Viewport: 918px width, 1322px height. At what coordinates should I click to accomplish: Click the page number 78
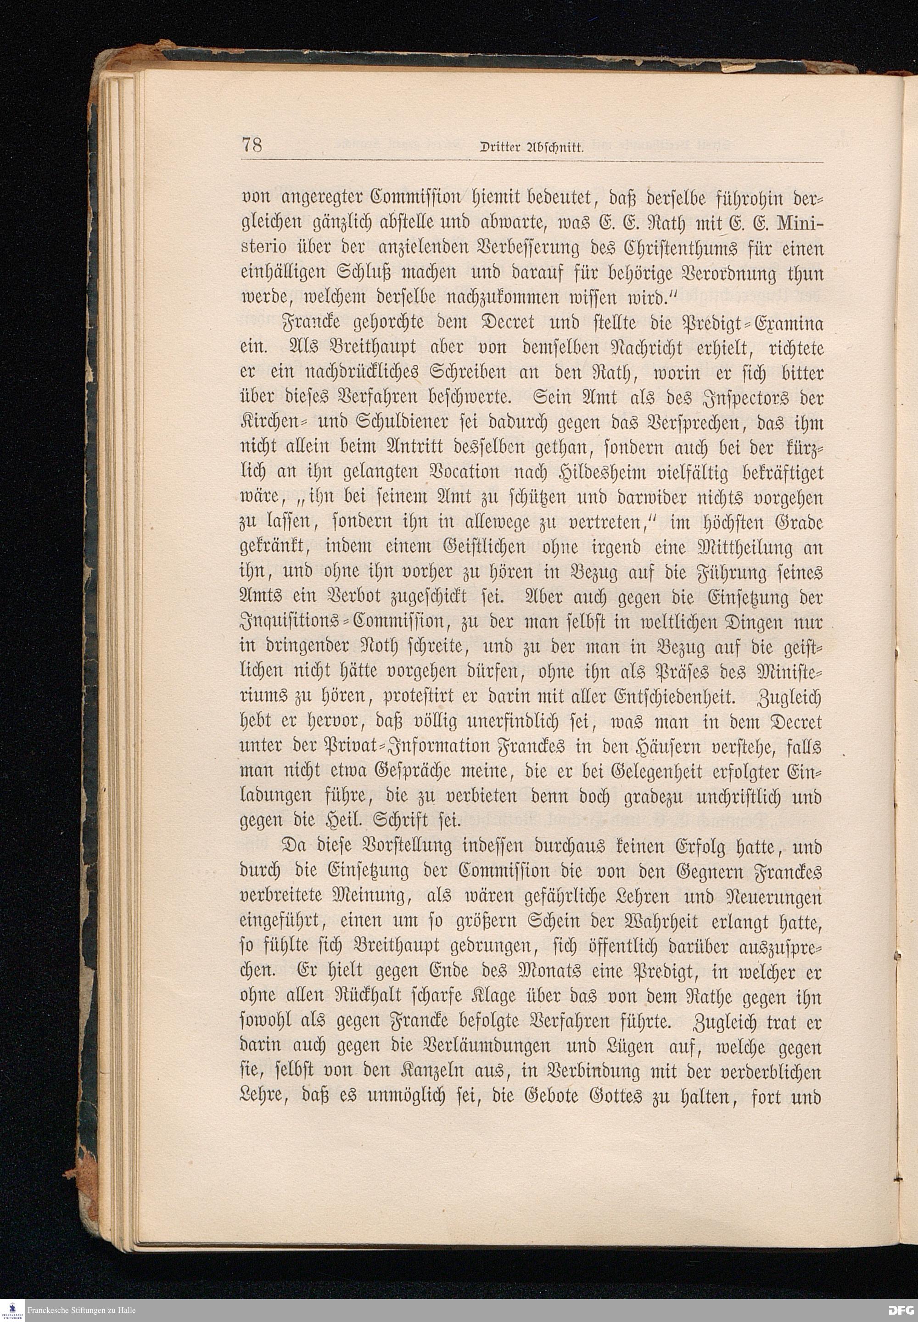(252, 146)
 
